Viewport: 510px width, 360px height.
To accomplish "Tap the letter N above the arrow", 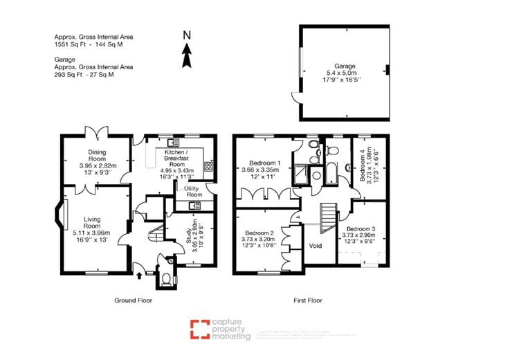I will tap(186, 34).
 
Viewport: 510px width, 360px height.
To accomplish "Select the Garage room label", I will tap(340, 62).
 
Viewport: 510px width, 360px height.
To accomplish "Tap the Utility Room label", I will tap(193, 192).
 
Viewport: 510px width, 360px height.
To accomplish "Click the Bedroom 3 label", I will tap(361, 229).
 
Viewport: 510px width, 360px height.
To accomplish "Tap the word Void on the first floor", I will tap(315, 246).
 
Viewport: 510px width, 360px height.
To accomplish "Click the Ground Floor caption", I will tap(133, 300).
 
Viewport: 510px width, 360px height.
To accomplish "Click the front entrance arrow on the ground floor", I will tap(140, 275).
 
